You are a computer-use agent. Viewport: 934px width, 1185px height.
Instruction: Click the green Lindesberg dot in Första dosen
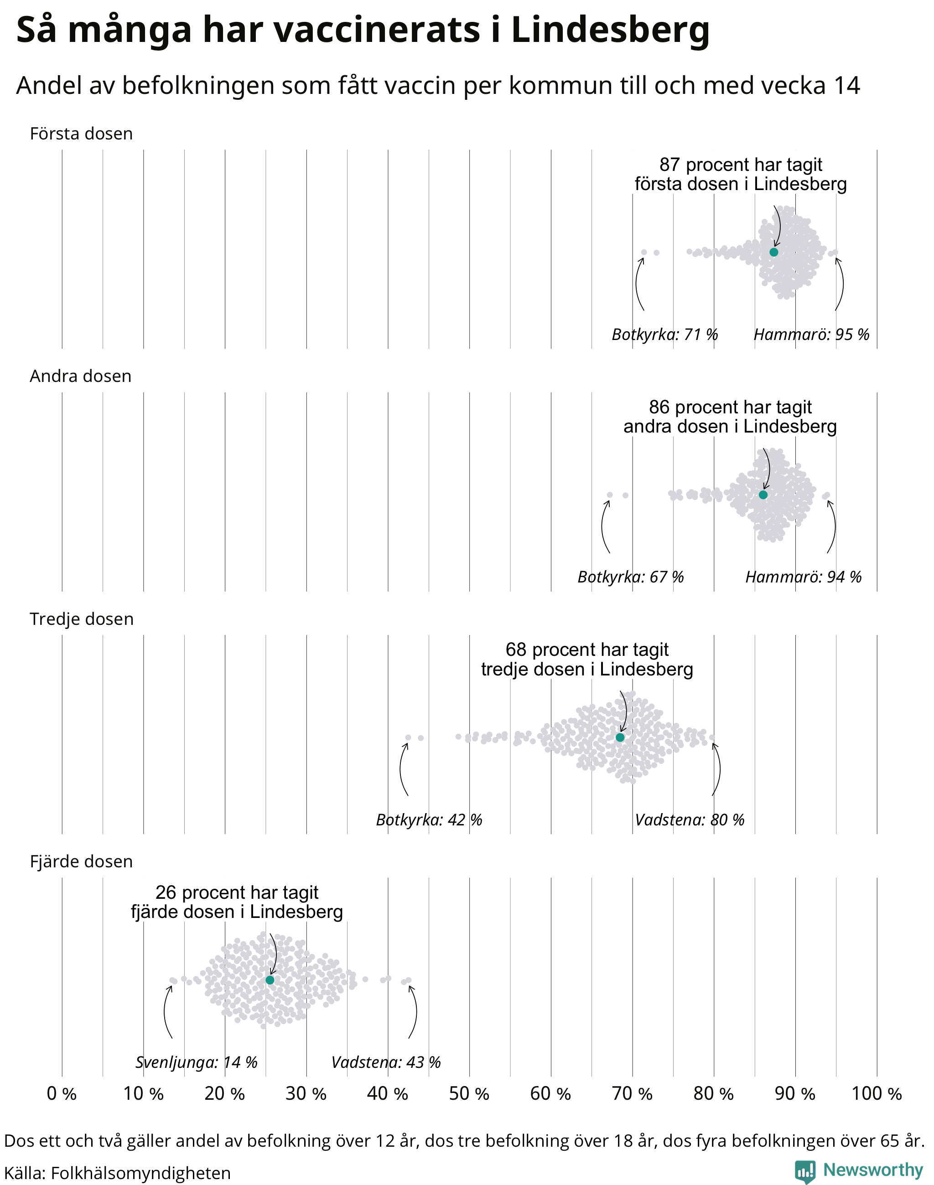click(774, 252)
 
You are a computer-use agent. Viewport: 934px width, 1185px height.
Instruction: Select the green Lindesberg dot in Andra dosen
click(763, 495)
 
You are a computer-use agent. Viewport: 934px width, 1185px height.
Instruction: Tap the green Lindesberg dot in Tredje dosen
click(620, 737)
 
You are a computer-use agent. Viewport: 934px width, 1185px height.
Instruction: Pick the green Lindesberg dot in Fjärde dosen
click(270, 980)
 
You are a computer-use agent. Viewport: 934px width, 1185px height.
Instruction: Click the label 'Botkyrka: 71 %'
click(664, 335)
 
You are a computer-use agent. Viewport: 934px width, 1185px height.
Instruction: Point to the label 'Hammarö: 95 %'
click(811, 335)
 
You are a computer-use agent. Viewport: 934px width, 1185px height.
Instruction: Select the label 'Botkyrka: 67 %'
click(631, 577)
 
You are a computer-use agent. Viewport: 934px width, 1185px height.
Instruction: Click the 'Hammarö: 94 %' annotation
click(803, 577)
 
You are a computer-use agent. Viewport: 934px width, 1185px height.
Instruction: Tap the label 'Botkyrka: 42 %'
click(429, 820)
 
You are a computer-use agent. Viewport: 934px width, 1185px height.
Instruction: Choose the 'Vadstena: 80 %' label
click(690, 820)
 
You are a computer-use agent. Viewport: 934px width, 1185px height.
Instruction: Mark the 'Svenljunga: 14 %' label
click(196, 1062)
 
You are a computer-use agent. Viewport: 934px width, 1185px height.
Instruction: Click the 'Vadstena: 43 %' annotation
click(386, 1062)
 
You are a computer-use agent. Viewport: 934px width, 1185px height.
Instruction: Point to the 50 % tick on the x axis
click(469, 1094)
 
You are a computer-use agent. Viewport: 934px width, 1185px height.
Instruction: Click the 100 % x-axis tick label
click(877, 1094)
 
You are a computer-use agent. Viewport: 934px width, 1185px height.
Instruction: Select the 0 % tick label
click(62, 1094)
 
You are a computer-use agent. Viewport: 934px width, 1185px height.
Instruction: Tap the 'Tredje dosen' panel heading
click(82, 619)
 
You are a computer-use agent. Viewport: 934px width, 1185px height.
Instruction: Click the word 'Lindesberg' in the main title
click(610, 31)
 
